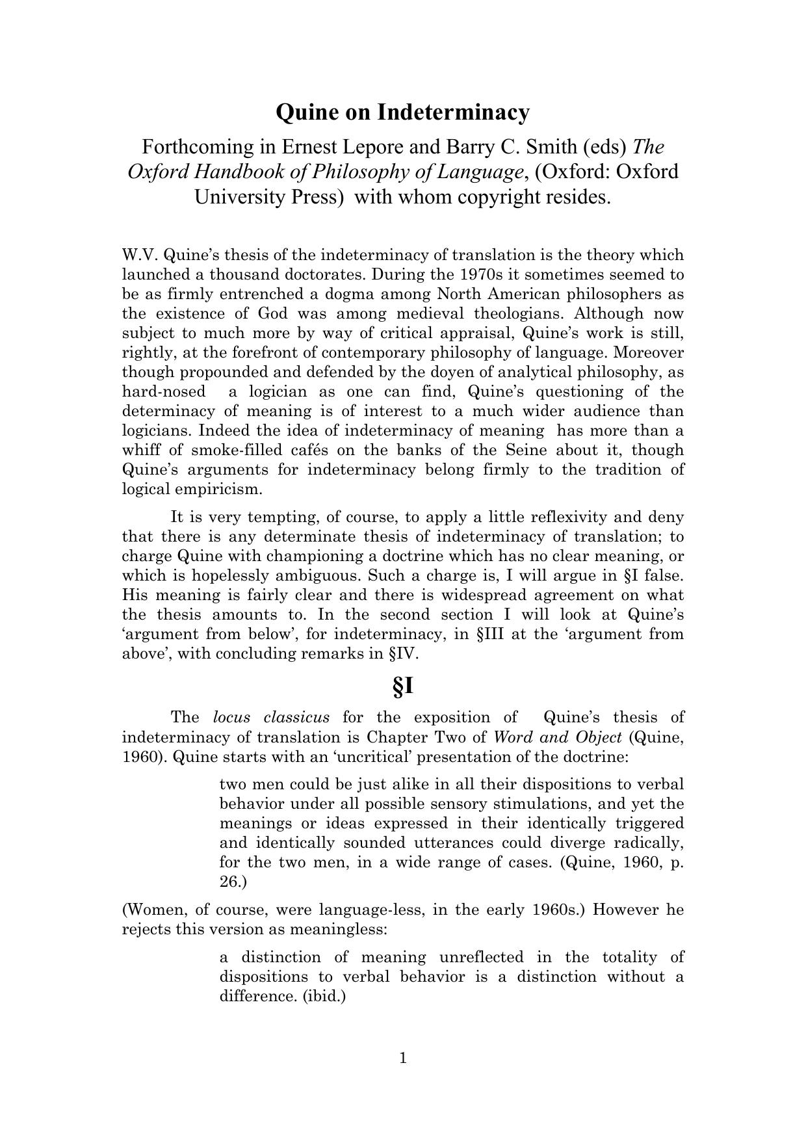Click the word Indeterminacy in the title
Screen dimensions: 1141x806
click(453, 112)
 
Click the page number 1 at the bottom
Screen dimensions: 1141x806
click(403, 1059)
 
